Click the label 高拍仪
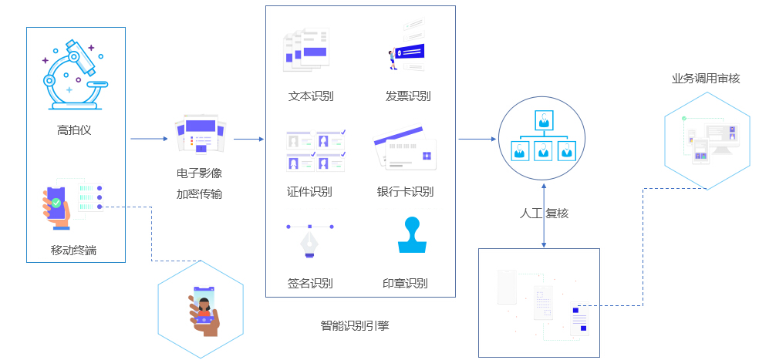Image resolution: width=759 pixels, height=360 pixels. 74,130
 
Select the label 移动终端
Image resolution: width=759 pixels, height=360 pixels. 74,250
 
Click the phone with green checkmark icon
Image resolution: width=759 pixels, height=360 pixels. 59,206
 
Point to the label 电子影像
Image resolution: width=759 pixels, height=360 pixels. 199,173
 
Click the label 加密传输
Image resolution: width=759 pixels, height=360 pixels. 199,193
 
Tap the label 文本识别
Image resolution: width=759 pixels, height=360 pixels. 311,96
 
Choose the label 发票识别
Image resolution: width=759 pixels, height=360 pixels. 408,96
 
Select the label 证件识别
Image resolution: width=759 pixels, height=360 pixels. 310,192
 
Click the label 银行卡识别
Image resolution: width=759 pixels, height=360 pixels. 406,192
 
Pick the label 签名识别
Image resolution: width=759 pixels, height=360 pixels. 310,283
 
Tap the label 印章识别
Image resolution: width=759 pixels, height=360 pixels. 405,283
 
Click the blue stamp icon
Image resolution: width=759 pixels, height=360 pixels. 411,236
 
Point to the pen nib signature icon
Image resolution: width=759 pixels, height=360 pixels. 310,241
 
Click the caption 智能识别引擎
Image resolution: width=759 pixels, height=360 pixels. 355,326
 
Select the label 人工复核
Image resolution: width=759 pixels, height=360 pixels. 545,213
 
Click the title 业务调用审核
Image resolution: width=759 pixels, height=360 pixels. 706,78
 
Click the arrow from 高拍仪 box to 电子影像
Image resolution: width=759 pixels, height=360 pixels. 149,140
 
